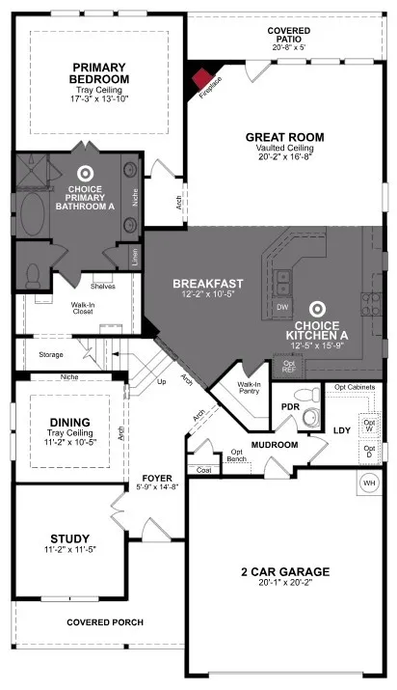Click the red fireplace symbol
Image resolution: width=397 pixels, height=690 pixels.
(202, 80)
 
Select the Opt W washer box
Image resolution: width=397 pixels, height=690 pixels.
(369, 425)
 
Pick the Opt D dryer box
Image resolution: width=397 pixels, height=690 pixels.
(369, 452)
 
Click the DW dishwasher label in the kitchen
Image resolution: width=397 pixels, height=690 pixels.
(282, 306)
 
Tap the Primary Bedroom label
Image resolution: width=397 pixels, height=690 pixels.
(99, 73)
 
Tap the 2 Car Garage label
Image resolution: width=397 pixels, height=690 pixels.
(284, 571)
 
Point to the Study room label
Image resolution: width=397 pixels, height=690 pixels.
(70, 538)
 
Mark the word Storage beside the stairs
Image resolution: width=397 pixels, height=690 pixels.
(51, 354)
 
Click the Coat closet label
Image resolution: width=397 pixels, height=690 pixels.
(202, 470)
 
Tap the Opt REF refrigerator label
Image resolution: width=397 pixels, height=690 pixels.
(288, 367)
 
